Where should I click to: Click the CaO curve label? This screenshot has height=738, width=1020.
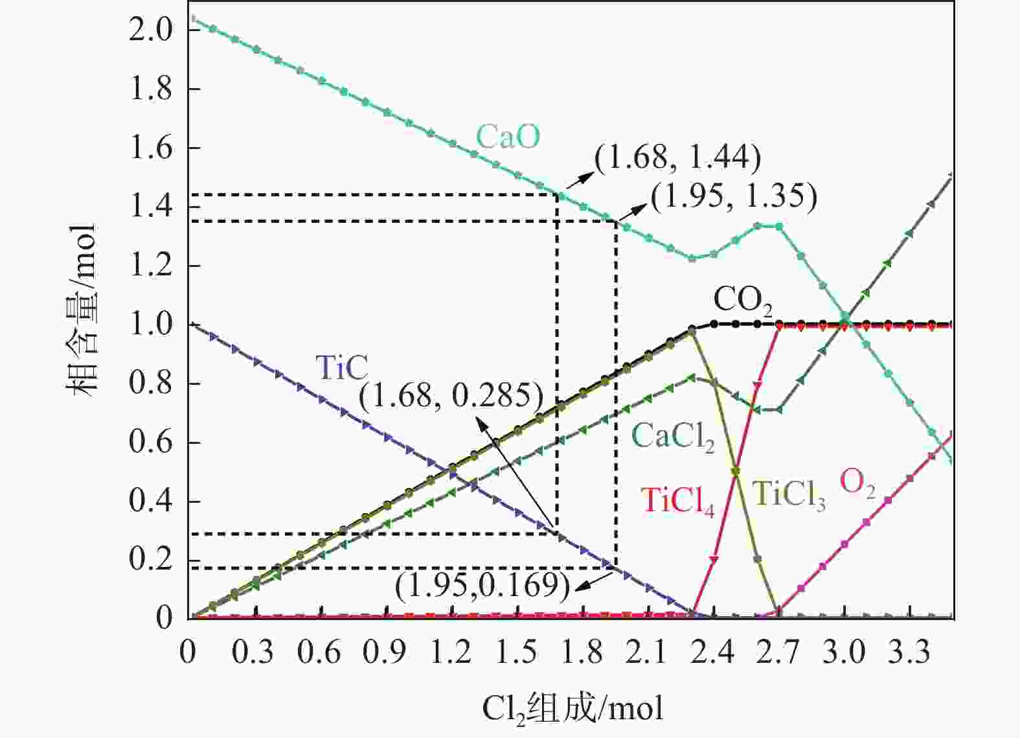coord(508,137)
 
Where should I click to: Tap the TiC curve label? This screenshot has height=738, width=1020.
coord(341,368)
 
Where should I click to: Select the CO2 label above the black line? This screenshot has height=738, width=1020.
coord(743,301)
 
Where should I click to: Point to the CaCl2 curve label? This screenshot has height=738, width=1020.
coord(673,436)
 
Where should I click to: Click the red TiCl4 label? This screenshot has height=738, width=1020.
coord(677,501)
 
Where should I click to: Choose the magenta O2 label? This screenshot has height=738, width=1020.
coord(857,483)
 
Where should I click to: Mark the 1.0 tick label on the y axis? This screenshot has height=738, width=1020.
coord(151,325)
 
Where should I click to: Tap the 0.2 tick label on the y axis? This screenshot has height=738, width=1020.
coord(151,560)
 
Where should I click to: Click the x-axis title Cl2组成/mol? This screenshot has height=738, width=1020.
coord(572,708)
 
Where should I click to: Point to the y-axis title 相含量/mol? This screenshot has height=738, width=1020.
coord(82,311)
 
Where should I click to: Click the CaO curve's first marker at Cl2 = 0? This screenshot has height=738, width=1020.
coord(190,19)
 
